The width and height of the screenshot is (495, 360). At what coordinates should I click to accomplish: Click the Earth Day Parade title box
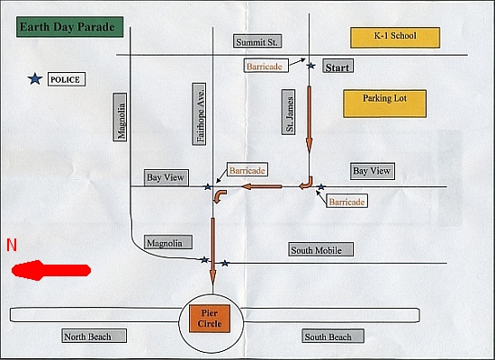click(70, 27)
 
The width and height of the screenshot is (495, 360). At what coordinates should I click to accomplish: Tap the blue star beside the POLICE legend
click(35, 79)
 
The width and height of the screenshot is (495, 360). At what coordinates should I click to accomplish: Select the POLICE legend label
click(67, 79)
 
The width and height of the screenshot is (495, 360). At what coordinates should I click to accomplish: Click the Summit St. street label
click(257, 41)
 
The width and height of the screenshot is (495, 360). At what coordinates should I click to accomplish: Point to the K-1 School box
click(395, 38)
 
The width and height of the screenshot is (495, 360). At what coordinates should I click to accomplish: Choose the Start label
click(337, 67)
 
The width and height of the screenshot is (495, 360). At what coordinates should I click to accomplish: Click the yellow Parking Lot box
click(384, 103)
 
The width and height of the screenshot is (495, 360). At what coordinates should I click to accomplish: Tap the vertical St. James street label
click(289, 112)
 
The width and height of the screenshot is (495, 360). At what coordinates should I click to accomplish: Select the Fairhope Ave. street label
click(199, 114)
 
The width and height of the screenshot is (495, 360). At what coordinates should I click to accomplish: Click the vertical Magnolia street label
click(120, 117)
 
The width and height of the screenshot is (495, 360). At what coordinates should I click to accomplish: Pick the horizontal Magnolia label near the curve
click(168, 242)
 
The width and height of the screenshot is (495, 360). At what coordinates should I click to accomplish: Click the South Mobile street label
click(320, 249)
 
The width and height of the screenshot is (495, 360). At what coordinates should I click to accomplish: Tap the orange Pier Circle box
click(210, 319)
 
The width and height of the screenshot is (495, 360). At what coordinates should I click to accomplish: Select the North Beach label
click(94, 336)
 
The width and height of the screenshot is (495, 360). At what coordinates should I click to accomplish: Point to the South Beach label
click(333, 336)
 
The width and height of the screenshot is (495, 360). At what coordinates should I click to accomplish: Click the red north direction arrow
click(51, 270)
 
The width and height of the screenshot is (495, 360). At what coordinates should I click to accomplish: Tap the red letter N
click(12, 245)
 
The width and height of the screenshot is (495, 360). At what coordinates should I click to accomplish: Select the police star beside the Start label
click(311, 66)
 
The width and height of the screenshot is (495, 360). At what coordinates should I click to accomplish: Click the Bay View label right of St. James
click(373, 172)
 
